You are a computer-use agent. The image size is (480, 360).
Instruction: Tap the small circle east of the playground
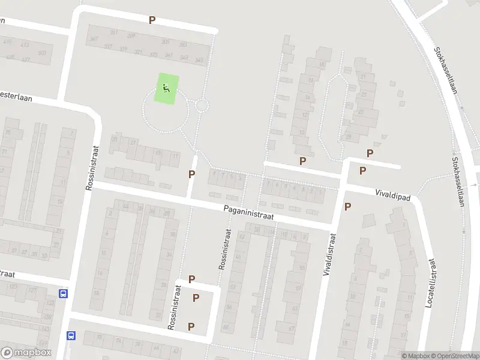[202, 106]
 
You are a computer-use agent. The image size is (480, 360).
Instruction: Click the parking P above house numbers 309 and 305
[152, 20]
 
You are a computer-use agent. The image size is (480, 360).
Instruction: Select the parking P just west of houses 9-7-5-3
[192, 174]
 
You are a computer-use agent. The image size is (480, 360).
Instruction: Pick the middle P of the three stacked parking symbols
[196, 298]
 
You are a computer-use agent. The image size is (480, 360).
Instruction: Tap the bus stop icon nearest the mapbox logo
[71, 336]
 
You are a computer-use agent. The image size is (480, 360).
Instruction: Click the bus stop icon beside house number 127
[63, 294]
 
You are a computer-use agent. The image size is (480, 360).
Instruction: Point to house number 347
[93, 40]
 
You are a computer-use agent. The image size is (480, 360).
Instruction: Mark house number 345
[199, 60]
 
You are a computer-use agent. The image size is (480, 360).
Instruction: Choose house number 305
[166, 42]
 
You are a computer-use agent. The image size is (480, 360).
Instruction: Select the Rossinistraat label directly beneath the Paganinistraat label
[224, 249]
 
